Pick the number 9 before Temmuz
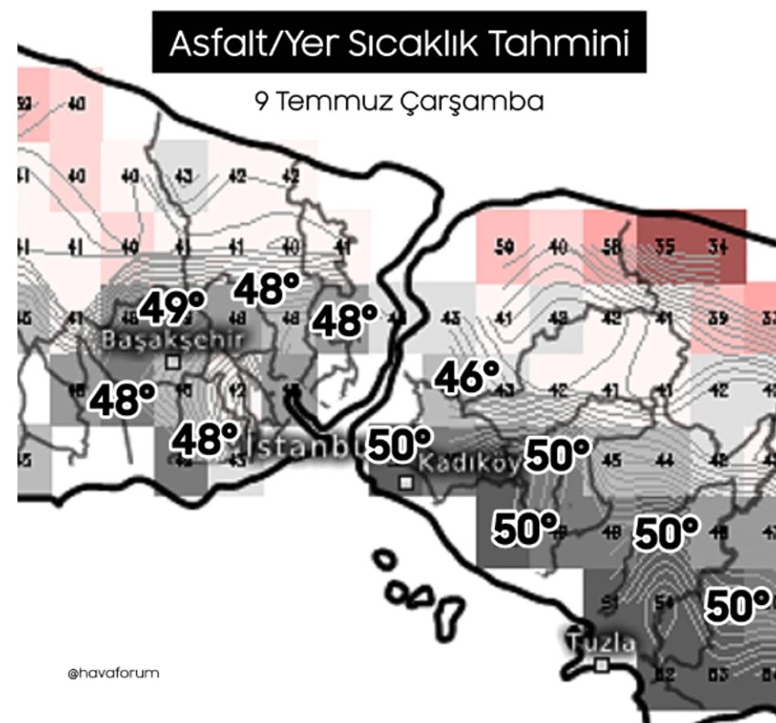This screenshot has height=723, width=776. tap(262, 101)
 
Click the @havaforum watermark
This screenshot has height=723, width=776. tap(113, 673)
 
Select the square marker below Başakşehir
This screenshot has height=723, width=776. tap(173, 362)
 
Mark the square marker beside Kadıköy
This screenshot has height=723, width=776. tap(405, 482)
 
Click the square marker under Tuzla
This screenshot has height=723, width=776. tap(601, 665)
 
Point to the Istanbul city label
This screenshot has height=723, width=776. tap(300, 448)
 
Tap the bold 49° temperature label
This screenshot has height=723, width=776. tap(171, 308)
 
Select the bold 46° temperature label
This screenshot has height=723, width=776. tap(467, 377)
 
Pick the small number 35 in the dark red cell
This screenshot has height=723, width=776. tap(665, 246)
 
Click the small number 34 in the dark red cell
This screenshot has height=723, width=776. tap(718, 246)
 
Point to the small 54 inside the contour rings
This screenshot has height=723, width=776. tap(664, 601)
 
